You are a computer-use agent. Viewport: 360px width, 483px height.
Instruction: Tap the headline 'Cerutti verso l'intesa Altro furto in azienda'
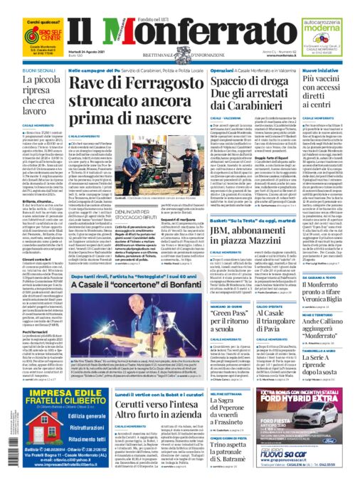pyautogui.click(x=131, y=408)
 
